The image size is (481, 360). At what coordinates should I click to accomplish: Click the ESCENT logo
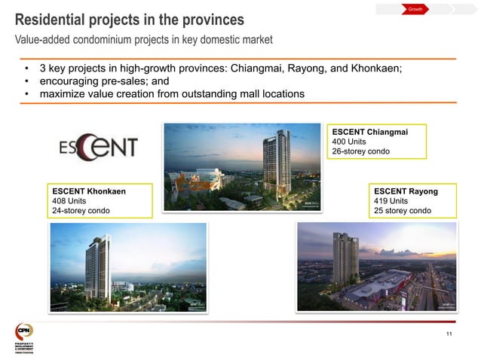[x=99, y=147]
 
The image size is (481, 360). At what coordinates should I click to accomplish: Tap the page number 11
[x=450, y=334]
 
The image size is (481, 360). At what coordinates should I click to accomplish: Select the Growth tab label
[x=415, y=9]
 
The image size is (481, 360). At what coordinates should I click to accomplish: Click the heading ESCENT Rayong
[x=406, y=191]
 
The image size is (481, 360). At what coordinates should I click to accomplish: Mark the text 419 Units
[x=391, y=201]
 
